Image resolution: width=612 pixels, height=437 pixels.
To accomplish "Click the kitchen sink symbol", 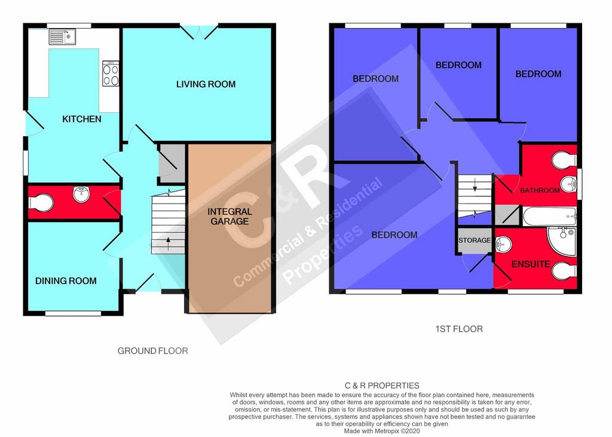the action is click(x=62, y=36).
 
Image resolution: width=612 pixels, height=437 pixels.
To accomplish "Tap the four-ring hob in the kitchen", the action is click(x=111, y=73).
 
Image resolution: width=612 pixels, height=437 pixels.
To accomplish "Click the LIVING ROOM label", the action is click(x=206, y=84).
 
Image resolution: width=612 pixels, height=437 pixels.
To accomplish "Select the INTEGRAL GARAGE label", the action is click(x=229, y=216).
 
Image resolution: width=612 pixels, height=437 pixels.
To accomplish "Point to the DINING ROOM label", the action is click(x=66, y=281).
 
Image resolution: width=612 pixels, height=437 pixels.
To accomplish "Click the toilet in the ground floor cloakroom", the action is click(x=41, y=203).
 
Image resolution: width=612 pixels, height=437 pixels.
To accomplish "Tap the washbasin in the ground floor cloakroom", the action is click(x=81, y=194).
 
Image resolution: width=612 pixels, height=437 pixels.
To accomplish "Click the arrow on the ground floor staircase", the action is click(x=168, y=244).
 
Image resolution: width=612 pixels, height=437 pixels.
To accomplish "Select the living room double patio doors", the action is click(x=199, y=32).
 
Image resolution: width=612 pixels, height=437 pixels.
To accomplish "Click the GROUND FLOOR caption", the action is click(x=152, y=351).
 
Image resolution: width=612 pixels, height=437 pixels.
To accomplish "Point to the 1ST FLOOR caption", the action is click(x=459, y=329).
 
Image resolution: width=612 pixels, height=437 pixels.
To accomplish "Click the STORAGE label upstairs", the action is click(x=475, y=240).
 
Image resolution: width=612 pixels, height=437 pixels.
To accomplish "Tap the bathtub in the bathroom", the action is click(x=549, y=216).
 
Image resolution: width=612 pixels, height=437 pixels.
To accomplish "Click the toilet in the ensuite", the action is click(x=564, y=270).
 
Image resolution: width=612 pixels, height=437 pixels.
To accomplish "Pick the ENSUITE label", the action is click(x=531, y=264).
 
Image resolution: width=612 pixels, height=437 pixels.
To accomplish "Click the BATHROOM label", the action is click(x=540, y=190).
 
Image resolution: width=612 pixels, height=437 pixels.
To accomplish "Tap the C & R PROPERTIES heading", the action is click(x=382, y=386).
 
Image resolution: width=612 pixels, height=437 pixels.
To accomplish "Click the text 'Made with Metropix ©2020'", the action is click(x=382, y=431).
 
